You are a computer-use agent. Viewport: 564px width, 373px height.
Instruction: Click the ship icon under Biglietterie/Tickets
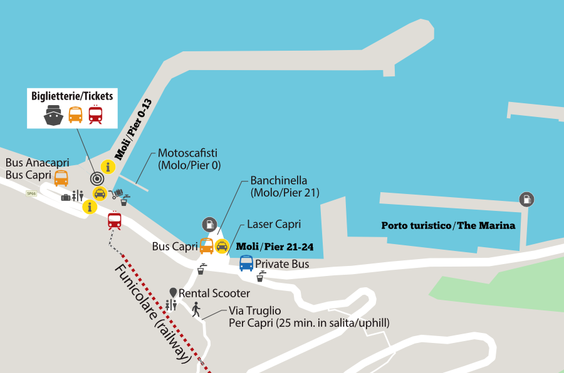(53, 115)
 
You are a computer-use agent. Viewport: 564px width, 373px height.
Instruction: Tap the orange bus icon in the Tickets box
(75, 115)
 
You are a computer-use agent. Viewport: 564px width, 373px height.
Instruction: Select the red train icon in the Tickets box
(96, 115)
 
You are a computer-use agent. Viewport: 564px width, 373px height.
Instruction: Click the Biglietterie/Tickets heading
(72, 96)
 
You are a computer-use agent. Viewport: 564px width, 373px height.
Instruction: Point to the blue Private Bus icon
(246, 263)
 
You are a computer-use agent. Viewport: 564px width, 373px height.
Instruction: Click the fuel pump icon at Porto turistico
(526, 200)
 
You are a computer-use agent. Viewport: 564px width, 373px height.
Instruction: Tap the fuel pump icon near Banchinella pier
(209, 224)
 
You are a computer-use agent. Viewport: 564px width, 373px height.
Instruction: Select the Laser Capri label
(274, 224)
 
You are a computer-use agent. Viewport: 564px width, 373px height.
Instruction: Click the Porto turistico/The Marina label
(448, 225)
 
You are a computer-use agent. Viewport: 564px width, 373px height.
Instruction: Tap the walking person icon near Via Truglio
(196, 309)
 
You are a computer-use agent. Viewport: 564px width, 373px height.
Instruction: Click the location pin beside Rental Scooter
(173, 293)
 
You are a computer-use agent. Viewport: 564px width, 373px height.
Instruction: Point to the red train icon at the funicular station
(114, 220)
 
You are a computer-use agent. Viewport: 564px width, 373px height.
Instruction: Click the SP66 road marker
(31, 193)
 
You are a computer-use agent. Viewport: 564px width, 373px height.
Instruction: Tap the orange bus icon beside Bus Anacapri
(61, 178)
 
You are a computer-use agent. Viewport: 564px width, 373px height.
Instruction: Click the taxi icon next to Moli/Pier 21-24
(222, 246)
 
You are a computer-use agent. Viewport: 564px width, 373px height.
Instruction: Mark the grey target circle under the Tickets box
(96, 178)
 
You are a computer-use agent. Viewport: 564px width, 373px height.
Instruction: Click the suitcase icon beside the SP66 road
(66, 197)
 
